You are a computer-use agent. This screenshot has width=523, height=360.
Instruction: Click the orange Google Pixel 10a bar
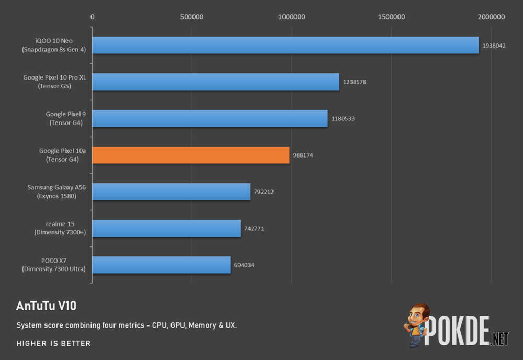click(x=191, y=155)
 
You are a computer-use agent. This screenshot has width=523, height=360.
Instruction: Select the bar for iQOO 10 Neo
click(x=286, y=45)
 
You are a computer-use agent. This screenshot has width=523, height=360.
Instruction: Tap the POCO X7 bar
click(x=162, y=265)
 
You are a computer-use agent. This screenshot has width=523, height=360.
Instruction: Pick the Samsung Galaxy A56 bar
click(x=172, y=192)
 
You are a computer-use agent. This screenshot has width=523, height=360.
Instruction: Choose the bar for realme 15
click(x=166, y=228)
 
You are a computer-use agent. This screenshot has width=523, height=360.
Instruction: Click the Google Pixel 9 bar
click(x=210, y=118)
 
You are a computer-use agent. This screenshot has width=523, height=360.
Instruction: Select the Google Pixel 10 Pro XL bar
click(x=216, y=82)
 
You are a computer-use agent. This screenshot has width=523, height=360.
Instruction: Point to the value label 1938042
click(x=494, y=46)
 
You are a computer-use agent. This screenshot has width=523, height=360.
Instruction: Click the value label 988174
click(x=303, y=155)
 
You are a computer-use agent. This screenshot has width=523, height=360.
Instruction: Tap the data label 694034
click(x=244, y=265)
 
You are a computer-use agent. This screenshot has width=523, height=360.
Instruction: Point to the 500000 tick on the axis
click(x=192, y=17)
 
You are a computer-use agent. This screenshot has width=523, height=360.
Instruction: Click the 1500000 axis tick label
click(x=391, y=17)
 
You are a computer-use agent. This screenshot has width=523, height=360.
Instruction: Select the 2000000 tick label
click(x=491, y=17)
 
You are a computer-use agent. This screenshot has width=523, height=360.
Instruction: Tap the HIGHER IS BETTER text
click(x=53, y=344)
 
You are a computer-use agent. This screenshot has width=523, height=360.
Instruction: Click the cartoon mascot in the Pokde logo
click(x=417, y=325)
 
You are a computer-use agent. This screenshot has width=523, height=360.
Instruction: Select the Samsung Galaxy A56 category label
click(x=56, y=192)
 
